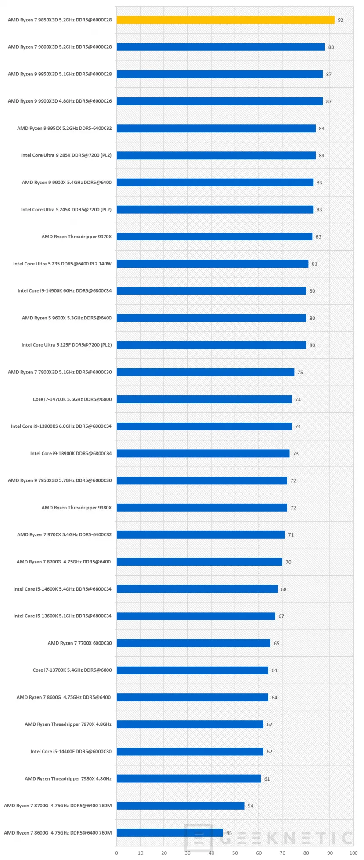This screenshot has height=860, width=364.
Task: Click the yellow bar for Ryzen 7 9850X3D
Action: pos(225,20)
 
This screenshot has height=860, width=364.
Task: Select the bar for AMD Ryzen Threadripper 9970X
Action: pos(214,237)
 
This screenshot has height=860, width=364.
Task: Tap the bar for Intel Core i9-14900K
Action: pos(211,291)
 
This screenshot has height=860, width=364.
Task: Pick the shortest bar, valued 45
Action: pos(169,833)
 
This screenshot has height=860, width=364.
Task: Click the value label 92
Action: pos(341,20)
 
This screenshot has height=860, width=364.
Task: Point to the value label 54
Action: pos(250,806)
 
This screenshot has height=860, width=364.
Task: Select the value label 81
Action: pos(314,264)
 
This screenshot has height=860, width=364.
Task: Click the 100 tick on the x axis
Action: pos(353,853)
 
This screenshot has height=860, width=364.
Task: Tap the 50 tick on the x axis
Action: pos(235,853)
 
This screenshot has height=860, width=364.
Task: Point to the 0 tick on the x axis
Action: pos(116,853)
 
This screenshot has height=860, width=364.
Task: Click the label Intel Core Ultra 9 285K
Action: pos(66,155)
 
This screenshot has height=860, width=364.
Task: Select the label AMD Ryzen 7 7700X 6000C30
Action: pos(79,643)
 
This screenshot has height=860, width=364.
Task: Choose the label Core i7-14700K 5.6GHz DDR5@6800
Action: pos(72,399)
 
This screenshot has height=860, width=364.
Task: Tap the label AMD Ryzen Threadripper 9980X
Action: pos(76,508)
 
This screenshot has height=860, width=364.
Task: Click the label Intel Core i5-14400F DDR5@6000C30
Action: pos(71,752)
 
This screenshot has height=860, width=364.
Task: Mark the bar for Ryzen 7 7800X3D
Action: pos(205,372)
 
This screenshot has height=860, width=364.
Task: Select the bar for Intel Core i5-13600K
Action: pos(196,616)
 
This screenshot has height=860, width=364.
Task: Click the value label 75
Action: pos(300,373)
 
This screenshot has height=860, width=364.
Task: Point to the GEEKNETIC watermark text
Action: pos(285,838)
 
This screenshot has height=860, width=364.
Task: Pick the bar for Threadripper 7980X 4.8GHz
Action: pos(189,779)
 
